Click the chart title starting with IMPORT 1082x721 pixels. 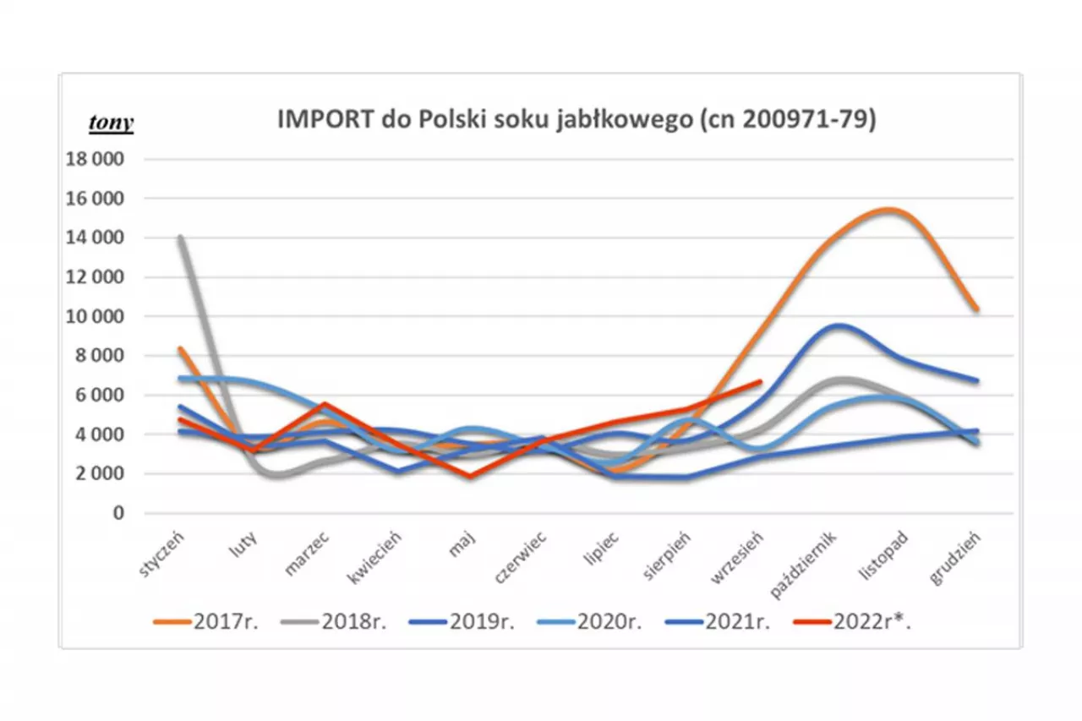[x=577, y=121]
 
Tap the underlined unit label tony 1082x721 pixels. [x=111, y=123]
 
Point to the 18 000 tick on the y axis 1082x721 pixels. [x=99, y=159]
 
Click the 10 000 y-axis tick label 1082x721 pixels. [x=99, y=316]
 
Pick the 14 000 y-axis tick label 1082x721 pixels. [x=99, y=238]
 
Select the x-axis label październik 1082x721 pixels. [x=803, y=561]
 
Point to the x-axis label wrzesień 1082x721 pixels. [x=740, y=557]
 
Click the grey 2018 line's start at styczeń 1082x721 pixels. [x=180, y=238]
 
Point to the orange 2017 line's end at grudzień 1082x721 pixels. [x=976, y=309]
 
